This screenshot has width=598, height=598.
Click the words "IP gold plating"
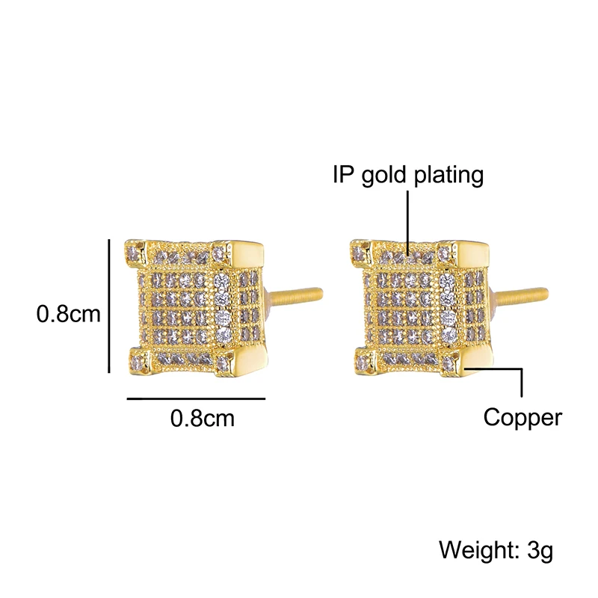click(408, 175)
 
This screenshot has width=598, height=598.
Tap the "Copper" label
click(522, 416)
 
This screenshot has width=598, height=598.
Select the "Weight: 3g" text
click(496, 551)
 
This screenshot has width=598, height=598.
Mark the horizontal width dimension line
click(197, 399)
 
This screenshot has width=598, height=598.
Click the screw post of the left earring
click(299, 294)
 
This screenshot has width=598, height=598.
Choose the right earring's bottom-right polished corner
click(472, 362)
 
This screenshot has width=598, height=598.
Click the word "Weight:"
click(471, 551)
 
